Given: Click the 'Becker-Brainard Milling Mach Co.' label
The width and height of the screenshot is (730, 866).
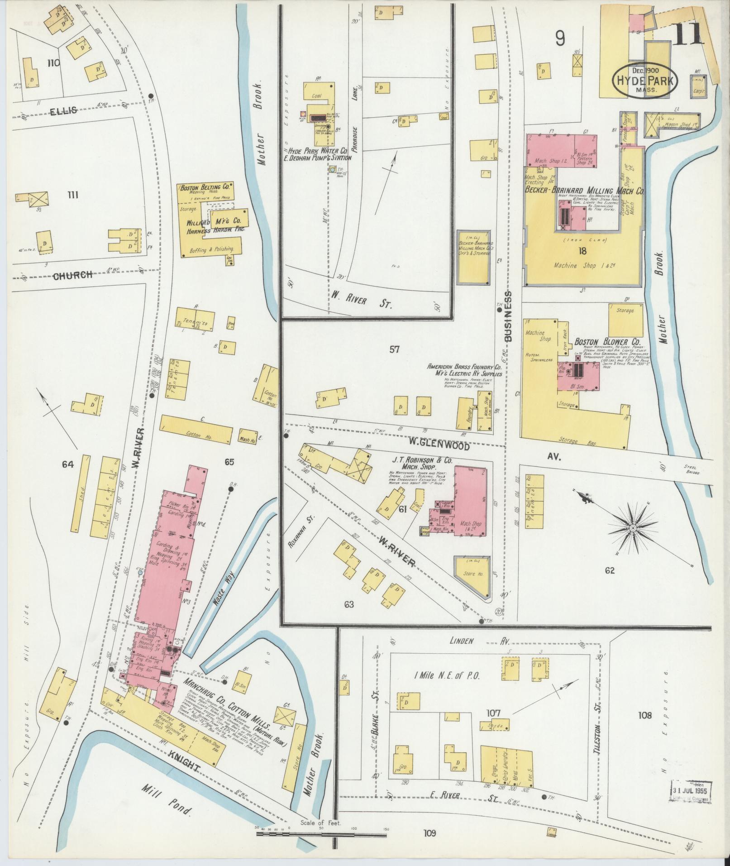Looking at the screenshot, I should pos(584,191).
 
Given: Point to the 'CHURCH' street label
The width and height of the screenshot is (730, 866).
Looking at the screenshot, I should pos(74,275).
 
